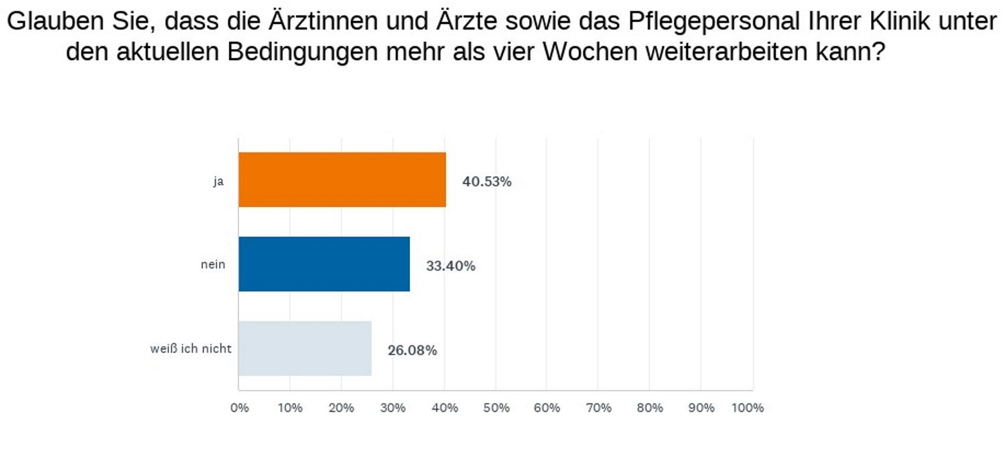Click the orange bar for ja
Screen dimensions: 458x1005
342,179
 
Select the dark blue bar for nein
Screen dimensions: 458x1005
324,264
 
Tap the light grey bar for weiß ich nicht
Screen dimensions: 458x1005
305,348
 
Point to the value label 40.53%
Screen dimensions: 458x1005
487,181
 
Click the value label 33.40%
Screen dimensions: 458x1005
451,266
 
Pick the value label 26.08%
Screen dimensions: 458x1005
412,350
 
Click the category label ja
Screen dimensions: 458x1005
218,181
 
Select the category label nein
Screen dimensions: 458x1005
213,264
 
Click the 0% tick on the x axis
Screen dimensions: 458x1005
239,408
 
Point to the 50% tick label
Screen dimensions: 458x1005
496,408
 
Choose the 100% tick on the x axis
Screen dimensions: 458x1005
748,408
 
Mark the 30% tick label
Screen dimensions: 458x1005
393,408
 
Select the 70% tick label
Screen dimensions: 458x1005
598,408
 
